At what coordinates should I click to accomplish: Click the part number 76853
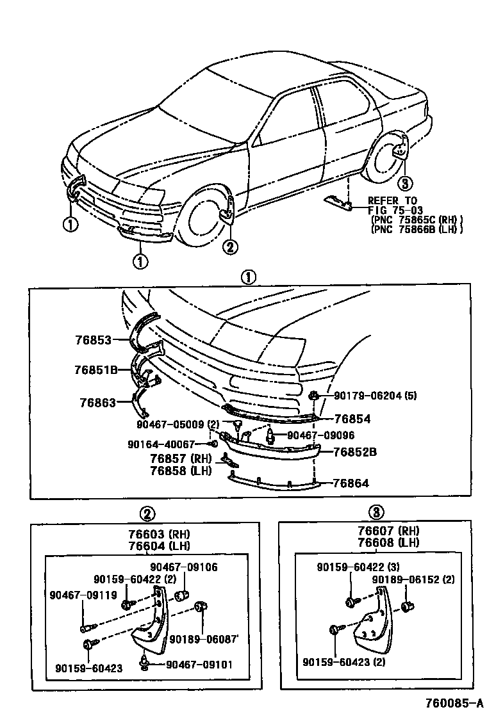[x=94, y=340]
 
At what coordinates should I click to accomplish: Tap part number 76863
[x=97, y=403]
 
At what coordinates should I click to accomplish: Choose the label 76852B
[x=354, y=451]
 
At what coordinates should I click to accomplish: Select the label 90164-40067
[x=161, y=444]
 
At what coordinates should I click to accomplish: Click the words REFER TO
[x=392, y=200]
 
